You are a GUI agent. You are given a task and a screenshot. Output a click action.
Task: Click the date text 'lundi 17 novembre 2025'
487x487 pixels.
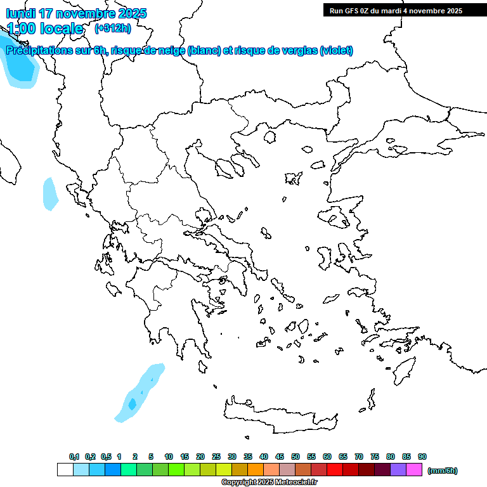coord(76,13)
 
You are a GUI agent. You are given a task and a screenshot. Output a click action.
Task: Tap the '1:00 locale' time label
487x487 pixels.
coord(46,29)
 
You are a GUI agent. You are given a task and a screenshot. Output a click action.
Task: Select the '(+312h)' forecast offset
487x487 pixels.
coord(112,29)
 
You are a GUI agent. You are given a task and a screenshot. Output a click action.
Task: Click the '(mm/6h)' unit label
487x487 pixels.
coord(442,471)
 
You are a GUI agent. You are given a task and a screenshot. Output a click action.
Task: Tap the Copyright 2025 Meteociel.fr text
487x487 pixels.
coord(269,483)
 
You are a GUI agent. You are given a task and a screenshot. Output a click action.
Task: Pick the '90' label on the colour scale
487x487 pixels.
coord(422,457)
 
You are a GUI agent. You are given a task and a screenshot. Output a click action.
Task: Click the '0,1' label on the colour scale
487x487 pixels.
coord(74,457)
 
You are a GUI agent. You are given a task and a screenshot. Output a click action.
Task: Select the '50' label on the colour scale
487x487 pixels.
coord(295,457)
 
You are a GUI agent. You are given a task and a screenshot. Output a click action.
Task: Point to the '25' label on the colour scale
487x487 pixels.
coord(216,457)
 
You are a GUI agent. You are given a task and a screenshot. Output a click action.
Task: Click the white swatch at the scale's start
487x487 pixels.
coord(65,469)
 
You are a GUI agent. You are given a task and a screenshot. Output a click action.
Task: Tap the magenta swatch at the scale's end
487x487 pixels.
coord(414,469)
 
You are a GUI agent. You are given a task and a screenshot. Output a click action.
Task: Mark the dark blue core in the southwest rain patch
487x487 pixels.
coord(133,403)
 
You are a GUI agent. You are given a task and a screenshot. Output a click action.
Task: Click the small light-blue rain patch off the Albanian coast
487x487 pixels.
coord(49,194)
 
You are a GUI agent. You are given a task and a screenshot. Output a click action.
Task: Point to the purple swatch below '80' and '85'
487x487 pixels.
coord(398,469)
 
